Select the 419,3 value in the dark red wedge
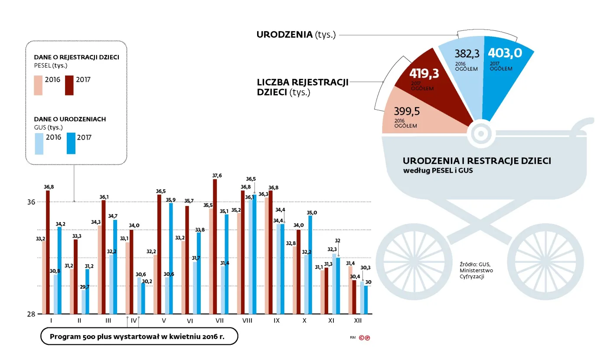424,74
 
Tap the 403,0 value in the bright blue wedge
505,53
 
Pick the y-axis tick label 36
31,202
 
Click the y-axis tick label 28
31,314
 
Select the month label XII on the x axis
358,321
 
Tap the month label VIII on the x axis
248,321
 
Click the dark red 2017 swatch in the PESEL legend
69,85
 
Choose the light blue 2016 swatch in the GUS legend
39,144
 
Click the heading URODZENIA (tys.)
296,35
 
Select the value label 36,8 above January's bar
49,187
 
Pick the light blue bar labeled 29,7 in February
83,302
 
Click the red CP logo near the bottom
365,337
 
